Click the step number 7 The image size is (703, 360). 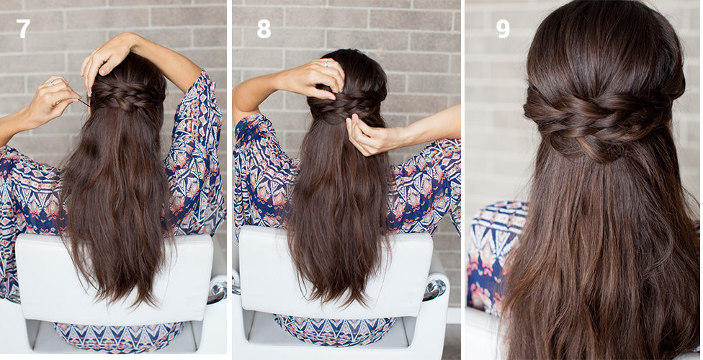tap(23, 29)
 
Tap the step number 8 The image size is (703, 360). tap(264, 29)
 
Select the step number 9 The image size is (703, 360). tap(503, 29)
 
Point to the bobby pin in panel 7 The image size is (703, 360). tap(84, 103)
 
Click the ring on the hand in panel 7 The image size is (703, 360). tap(52, 83)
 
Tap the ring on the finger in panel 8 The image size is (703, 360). tap(326, 63)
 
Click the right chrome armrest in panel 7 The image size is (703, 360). tap(218, 289)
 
